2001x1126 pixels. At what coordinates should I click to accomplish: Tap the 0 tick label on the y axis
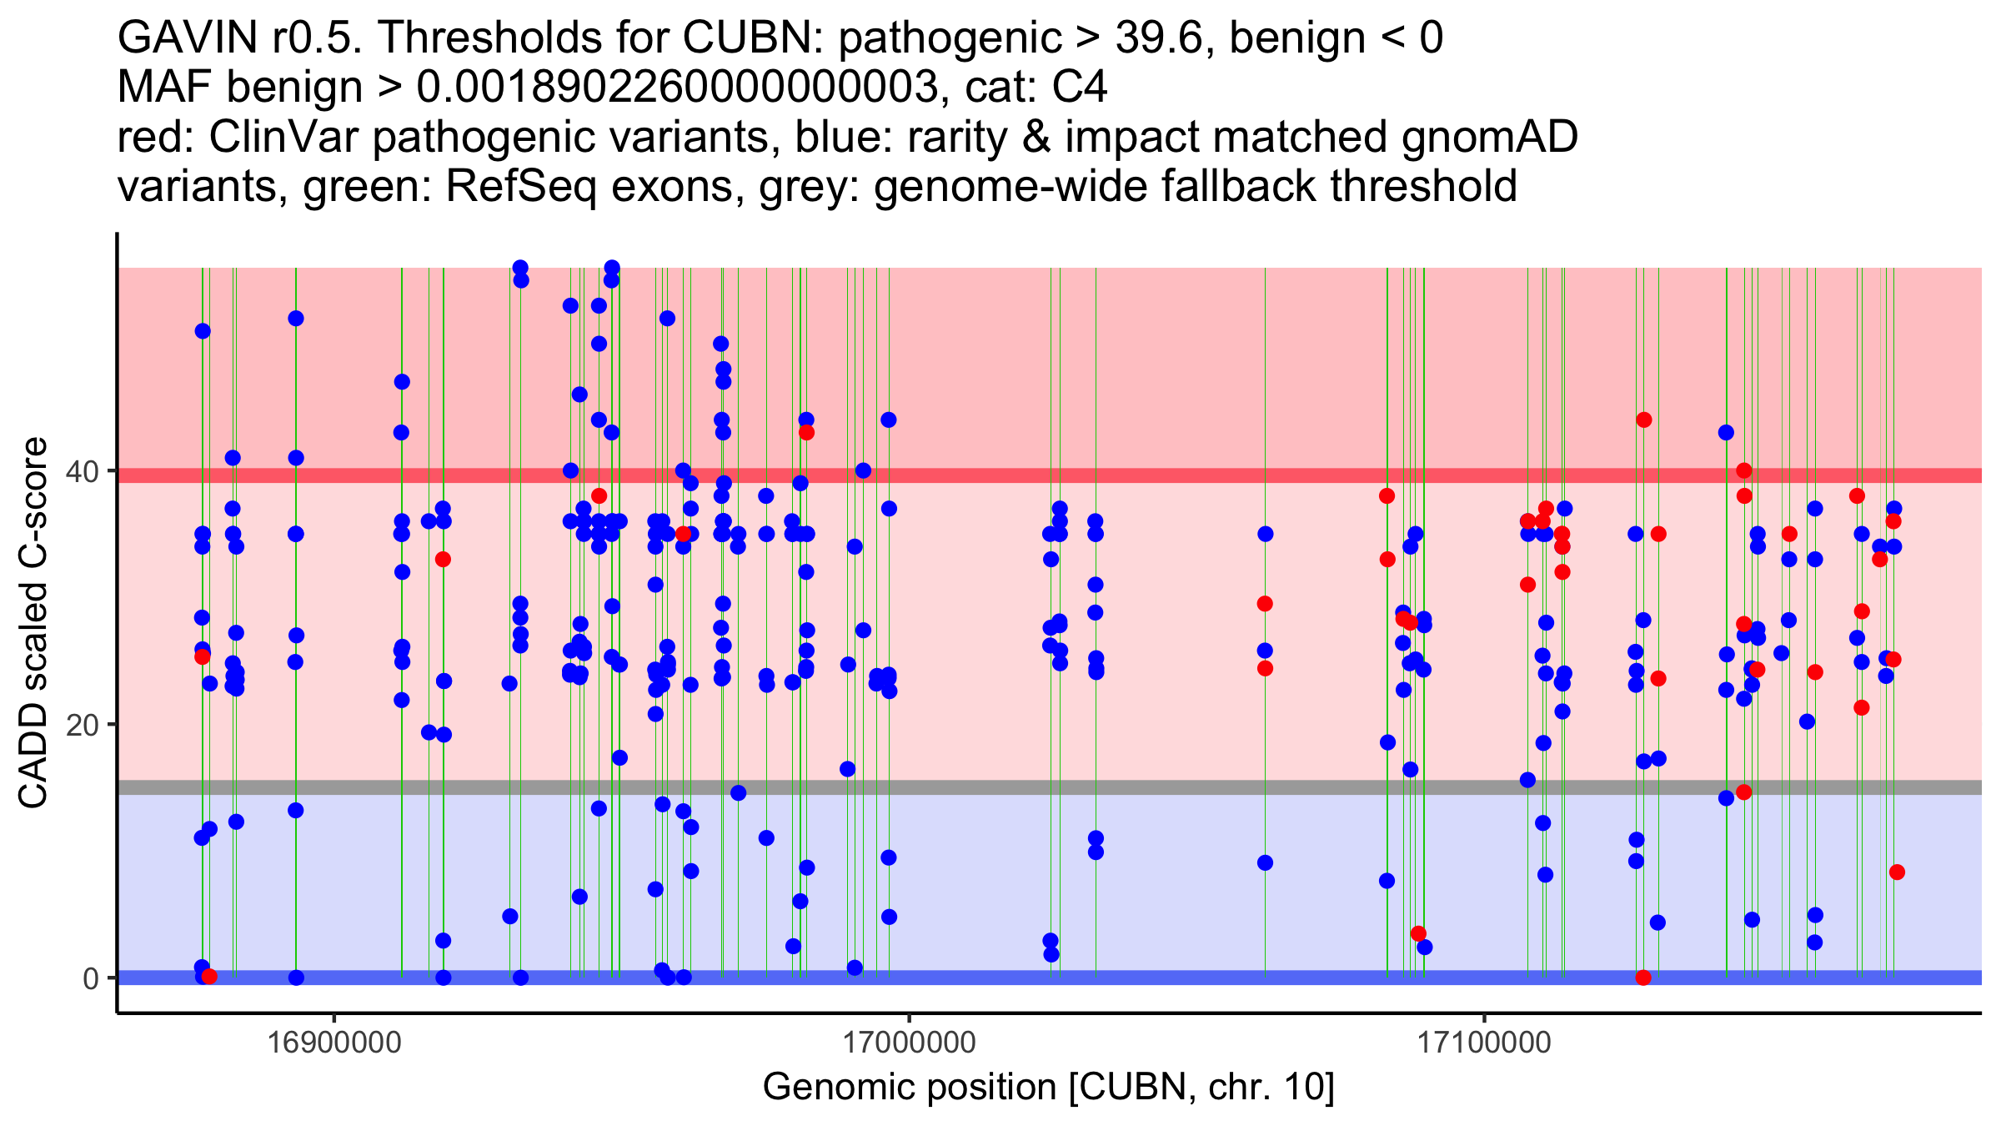click(91, 978)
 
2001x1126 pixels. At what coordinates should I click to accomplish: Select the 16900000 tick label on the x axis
click(334, 1043)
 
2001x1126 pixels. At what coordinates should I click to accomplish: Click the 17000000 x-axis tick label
click(909, 1043)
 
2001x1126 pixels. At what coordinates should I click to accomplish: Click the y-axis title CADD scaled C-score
click(33, 623)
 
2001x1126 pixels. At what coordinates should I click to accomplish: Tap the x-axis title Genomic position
click(1048, 1088)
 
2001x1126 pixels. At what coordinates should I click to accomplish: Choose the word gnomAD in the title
click(1489, 138)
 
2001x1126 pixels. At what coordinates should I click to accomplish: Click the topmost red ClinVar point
click(1643, 420)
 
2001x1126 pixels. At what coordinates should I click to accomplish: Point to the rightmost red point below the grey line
click(1897, 872)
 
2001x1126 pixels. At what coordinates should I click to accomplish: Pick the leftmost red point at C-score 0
click(209, 977)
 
